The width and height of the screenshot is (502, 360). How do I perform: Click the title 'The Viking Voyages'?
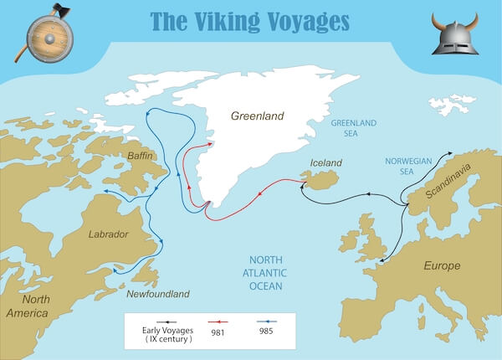tap(250, 20)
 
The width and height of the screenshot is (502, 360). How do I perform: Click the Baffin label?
tap(137, 156)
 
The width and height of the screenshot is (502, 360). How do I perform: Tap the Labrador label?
tap(108, 234)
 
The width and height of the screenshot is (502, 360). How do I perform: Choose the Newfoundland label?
tap(158, 294)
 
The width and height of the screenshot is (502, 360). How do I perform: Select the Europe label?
tap(442, 265)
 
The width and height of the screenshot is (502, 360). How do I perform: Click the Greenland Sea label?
tap(355, 127)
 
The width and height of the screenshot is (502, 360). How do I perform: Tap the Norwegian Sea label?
tap(407, 166)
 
